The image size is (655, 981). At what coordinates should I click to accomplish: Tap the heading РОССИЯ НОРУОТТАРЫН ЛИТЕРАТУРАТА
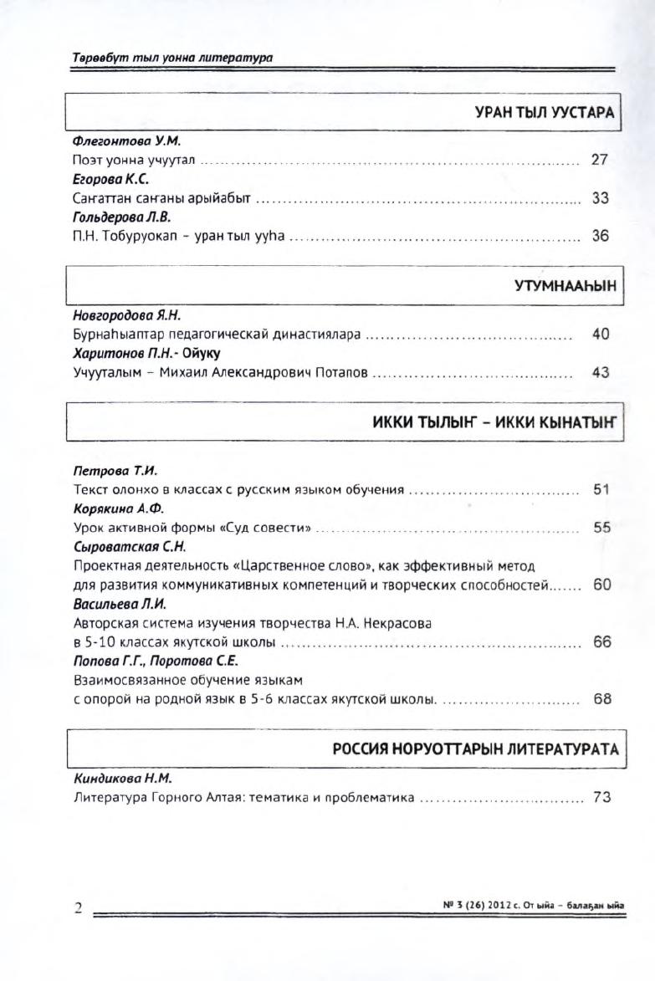475,749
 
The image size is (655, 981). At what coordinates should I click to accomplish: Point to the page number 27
599,160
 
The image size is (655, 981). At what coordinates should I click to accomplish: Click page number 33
599,199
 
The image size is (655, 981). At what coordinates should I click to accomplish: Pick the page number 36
599,237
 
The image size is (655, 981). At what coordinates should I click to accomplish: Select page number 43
600,373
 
